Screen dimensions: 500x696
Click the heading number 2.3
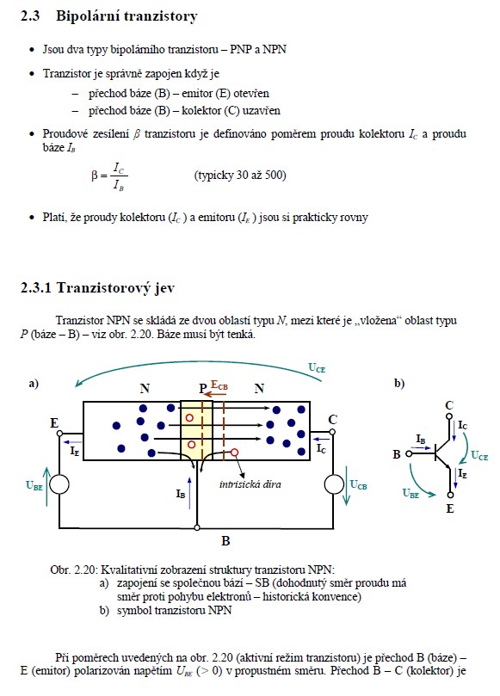click(x=30, y=16)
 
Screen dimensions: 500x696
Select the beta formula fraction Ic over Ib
click(x=119, y=176)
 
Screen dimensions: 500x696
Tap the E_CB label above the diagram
click(x=219, y=385)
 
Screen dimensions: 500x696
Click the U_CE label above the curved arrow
click(x=317, y=368)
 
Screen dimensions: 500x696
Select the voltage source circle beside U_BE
click(x=59, y=484)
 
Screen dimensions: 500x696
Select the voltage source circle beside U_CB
click(x=334, y=484)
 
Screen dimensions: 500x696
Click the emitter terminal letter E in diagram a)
click(x=54, y=423)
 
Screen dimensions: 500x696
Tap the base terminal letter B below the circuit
click(x=225, y=540)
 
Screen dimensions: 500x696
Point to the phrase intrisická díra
click(x=250, y=484)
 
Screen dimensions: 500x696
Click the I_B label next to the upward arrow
click(x=180, y=494)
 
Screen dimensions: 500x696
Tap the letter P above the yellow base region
click(x=203, y=389)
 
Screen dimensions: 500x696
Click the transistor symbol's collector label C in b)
click(x=449, y=405)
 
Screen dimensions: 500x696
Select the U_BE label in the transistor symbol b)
click(x=410, y=493)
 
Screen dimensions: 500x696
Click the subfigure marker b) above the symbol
click(x=399, y=383)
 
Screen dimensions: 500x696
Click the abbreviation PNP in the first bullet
click(x=241, y=49)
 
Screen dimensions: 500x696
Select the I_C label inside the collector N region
click(x=321, y=449)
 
